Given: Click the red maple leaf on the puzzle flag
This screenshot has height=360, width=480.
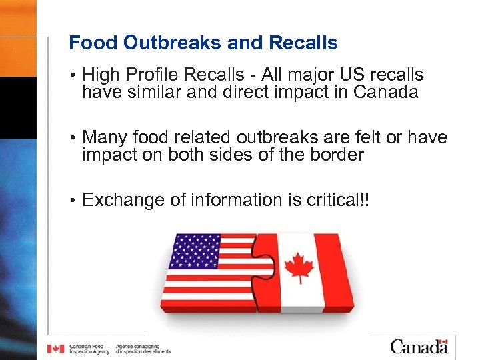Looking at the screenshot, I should tap(299, 267).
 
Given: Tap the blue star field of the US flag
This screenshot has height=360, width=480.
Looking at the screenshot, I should tap(195, 250).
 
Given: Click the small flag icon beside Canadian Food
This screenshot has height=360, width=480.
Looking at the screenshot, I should tap(56, 349).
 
